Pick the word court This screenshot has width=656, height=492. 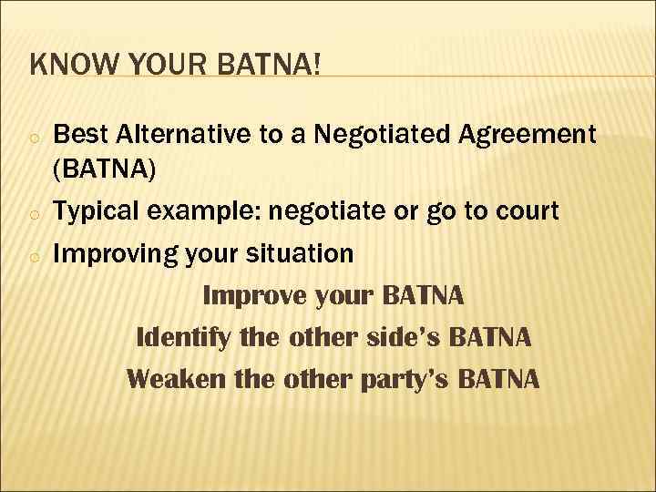coord(523,212)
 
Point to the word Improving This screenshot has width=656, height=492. coord(111,254)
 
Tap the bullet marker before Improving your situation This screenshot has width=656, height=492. coord(33,257)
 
